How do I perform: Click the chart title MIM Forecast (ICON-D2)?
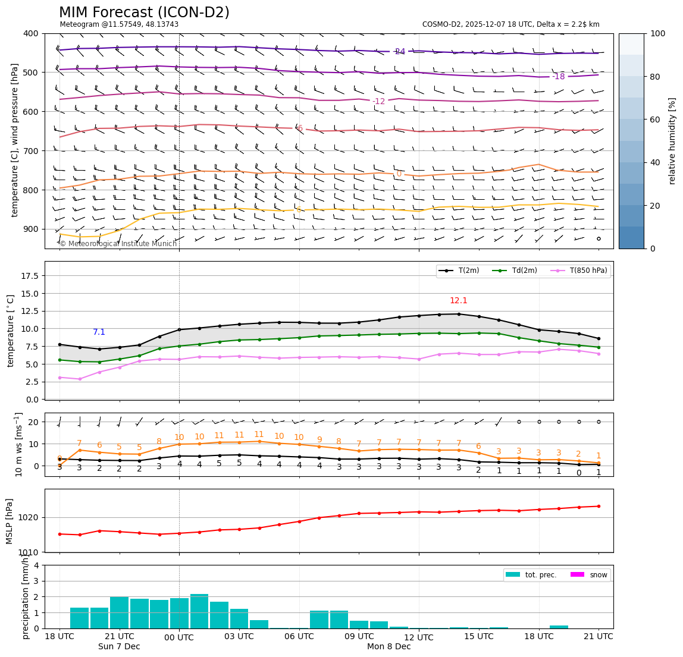(x=144, y=12)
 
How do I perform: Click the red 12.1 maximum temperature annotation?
(x=459, y=301)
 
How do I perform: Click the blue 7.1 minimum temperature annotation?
(x=99, y=332)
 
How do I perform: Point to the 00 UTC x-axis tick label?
(x=179, y=637)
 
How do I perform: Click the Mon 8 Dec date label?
(x=389, y=647)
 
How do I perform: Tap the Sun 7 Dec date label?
(x=119, y=647)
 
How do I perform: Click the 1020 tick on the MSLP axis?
(x=30, y=517)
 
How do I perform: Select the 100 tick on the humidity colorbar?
(x=657, y=33)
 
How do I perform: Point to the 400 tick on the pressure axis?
(x=30, y=33)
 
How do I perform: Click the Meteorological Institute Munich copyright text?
(x=118, y=244)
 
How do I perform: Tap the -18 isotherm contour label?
(x=558, y=77)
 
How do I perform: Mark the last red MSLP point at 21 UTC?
(x=599, y=506)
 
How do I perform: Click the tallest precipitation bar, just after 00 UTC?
(x=199, y=611)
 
